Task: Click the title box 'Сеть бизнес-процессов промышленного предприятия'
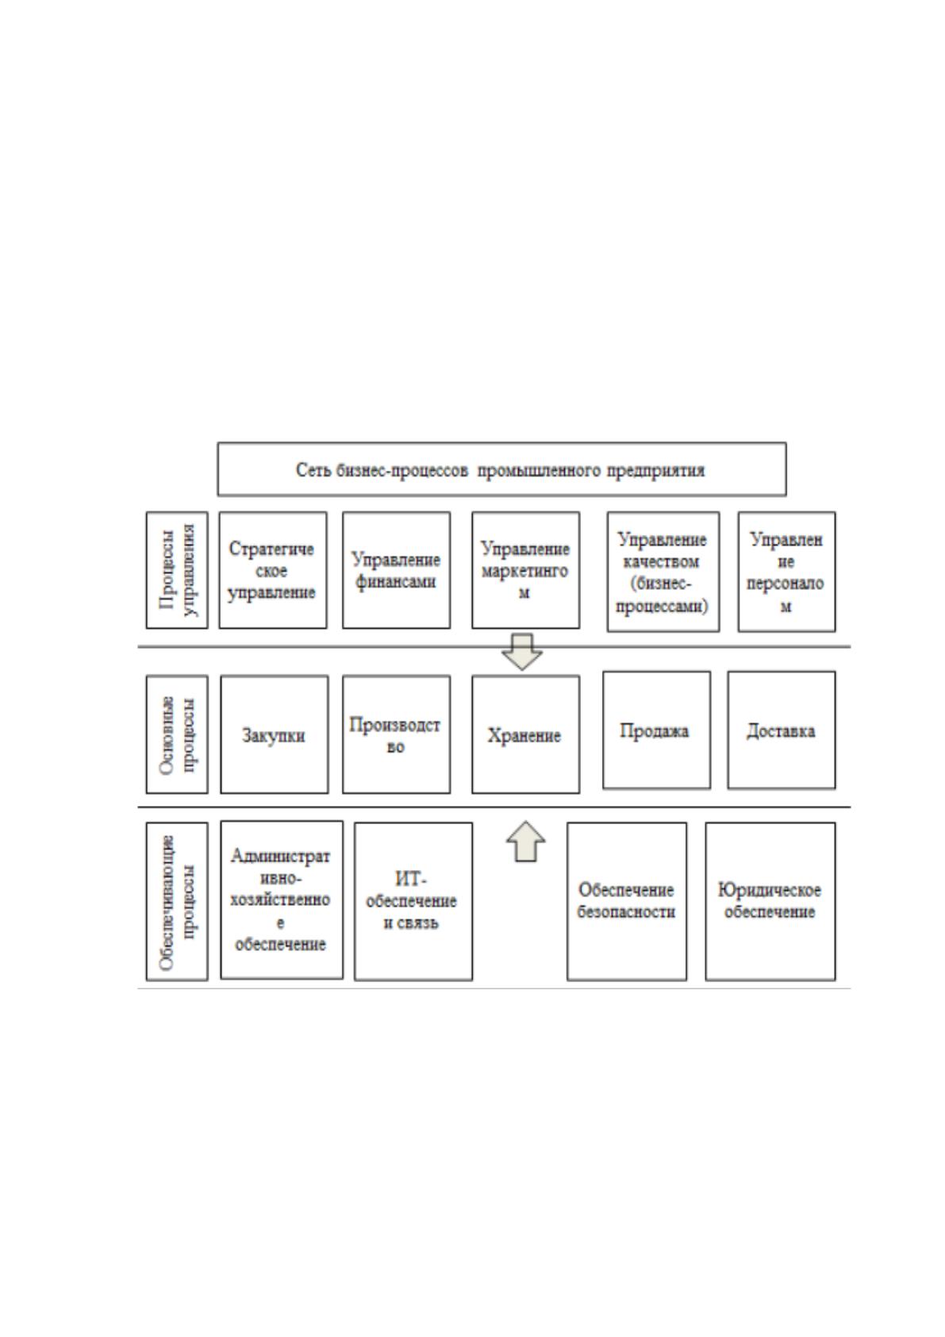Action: point(501,469)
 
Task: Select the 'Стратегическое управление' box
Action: point(273,570)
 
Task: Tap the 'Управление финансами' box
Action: point(396,570)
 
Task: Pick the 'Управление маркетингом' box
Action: point(525,570)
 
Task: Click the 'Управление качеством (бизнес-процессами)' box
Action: point(663,572)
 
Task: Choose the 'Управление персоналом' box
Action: point(786,572)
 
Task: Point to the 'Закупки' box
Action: point(275,734)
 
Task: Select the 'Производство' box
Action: point(396,734)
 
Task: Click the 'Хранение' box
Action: point(525,734)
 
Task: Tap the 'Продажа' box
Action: point(657,730)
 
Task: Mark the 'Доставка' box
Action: point(782,730)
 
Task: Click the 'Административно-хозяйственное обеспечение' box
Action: point(282,900)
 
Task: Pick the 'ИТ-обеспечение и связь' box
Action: point(413,901)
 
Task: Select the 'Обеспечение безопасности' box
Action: point(627,901)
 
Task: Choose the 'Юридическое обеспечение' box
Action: point(770,901)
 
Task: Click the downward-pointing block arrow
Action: point(522,653)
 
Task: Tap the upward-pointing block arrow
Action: point(525,842)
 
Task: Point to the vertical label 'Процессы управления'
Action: point(177,570)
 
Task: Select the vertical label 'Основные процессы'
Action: point(177,734)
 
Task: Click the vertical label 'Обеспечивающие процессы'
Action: point(177,901)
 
